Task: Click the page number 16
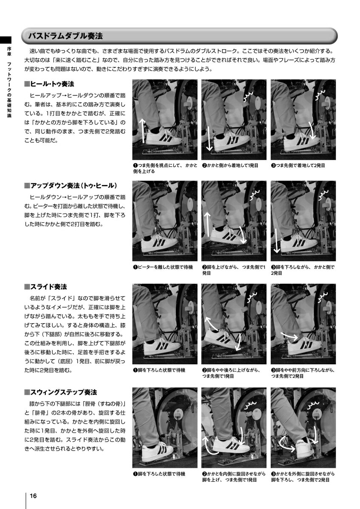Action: (x=33, y=495)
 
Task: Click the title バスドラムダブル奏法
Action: (x=65, y=36)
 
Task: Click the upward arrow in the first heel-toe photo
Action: (x=143, y=131)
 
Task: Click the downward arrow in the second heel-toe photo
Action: (x=209, y=139)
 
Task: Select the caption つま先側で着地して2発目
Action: (x=300, y=165)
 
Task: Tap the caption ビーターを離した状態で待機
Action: (x=165, y=267)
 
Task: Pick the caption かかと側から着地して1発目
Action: (x=232, y=165)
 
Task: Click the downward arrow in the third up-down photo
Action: (x=276, y=241)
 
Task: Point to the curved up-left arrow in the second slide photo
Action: (x=211, y=323)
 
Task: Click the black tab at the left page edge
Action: (x=6, y=40)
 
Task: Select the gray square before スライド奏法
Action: (x=27, y=287)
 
